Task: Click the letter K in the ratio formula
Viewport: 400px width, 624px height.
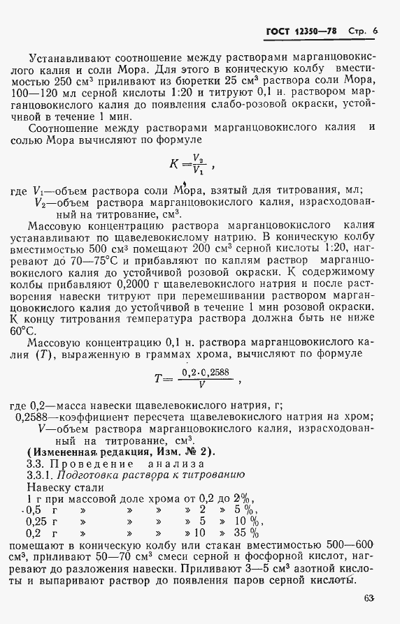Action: click(174, 165)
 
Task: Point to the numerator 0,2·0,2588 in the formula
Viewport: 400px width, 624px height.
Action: click(204, 373)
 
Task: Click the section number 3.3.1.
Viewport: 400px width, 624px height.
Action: click(38, 475)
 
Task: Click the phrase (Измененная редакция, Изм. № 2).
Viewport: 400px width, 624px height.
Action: click(112, 450)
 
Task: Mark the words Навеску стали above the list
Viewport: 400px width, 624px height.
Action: click(64, 487)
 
